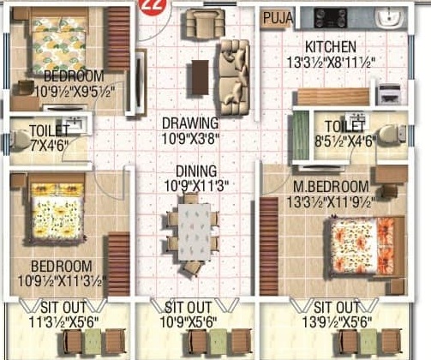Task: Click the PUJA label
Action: point(278,18)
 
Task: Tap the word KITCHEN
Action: point(331,47)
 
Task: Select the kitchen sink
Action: point(390,18)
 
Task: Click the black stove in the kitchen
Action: point(331,18)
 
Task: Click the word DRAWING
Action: point(190,123)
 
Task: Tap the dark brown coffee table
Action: point(200,77)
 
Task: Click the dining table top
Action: point(195,231)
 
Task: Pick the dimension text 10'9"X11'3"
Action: point(196,187)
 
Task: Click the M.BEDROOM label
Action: point(331,187)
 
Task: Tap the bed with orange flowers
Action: point(364,246)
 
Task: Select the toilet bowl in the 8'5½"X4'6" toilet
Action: point(392,134)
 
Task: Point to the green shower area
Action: point(301,135)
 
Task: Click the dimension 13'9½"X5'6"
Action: point(337,323)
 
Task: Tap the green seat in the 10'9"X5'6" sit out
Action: point(218,342)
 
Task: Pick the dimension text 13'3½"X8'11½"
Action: point(331,63)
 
